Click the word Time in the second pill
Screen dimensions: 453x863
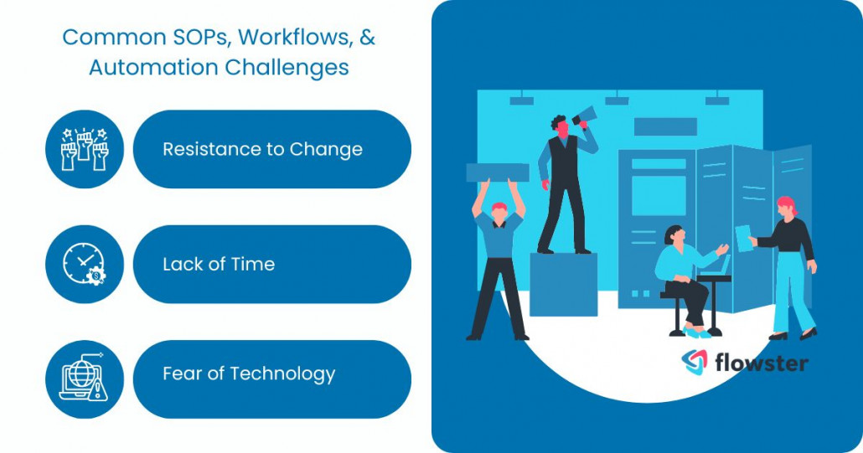(254, 265)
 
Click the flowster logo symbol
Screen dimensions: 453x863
(694, 362)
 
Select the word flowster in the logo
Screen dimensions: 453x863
(761, 362)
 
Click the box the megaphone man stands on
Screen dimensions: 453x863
(563, 285)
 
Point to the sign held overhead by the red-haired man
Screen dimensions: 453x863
(498, 172)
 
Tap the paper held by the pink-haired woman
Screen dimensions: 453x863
(742, 237)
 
